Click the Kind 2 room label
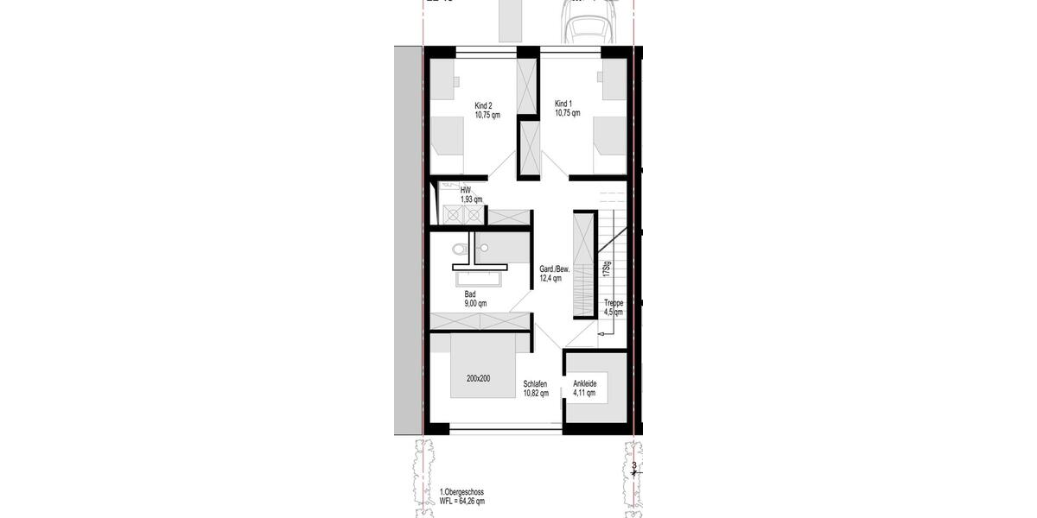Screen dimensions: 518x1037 point(483,105)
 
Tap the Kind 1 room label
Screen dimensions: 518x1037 point(564,103)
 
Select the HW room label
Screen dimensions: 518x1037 point(466,190)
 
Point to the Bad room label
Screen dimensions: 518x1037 point(470,294)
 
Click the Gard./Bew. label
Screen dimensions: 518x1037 point(555,269)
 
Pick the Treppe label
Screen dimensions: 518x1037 point(614,303)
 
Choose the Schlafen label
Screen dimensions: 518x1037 point(536,384)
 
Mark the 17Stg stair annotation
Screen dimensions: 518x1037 point(608,269)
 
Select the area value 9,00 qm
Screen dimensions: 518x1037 point(475,304)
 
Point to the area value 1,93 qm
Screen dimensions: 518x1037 point(471,199)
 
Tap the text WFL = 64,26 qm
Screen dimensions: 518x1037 point(462,501)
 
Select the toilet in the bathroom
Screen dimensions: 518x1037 point(459,250)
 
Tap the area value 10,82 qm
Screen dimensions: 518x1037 point(536,394)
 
